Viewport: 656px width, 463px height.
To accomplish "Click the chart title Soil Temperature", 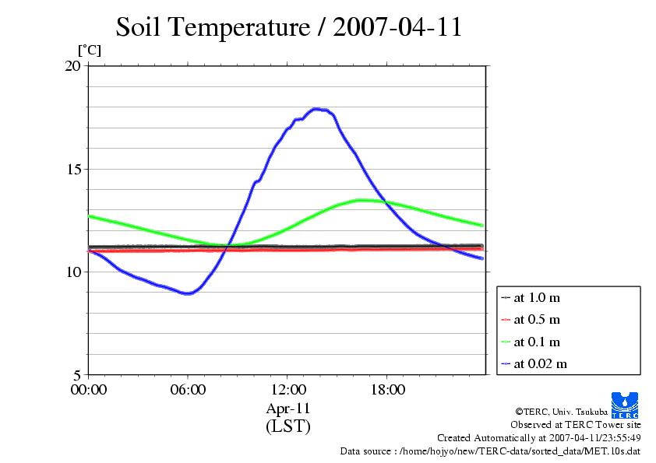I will [x=289, y=27].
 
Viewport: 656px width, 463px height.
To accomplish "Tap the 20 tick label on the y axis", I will [x=72, y=66].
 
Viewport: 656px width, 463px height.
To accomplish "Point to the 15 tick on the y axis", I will [x=72, y=169].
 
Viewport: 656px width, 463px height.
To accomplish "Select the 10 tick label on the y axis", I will [x=72, y=272].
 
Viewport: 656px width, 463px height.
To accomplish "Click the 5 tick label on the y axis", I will [x=76, y=374].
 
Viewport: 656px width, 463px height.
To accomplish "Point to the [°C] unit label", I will [x=89, y=50].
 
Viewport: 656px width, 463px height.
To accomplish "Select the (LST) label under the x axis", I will [x=287, y=426].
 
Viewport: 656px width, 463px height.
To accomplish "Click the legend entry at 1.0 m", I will [x=537, y=298].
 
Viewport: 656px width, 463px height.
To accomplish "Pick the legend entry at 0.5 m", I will [x=537, y=320].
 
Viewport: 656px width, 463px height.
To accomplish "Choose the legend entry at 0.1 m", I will [x=537, y=342].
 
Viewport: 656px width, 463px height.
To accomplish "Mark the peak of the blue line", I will [x=316, y=109].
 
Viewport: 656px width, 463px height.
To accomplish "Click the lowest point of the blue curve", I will [x=187, y=293].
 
